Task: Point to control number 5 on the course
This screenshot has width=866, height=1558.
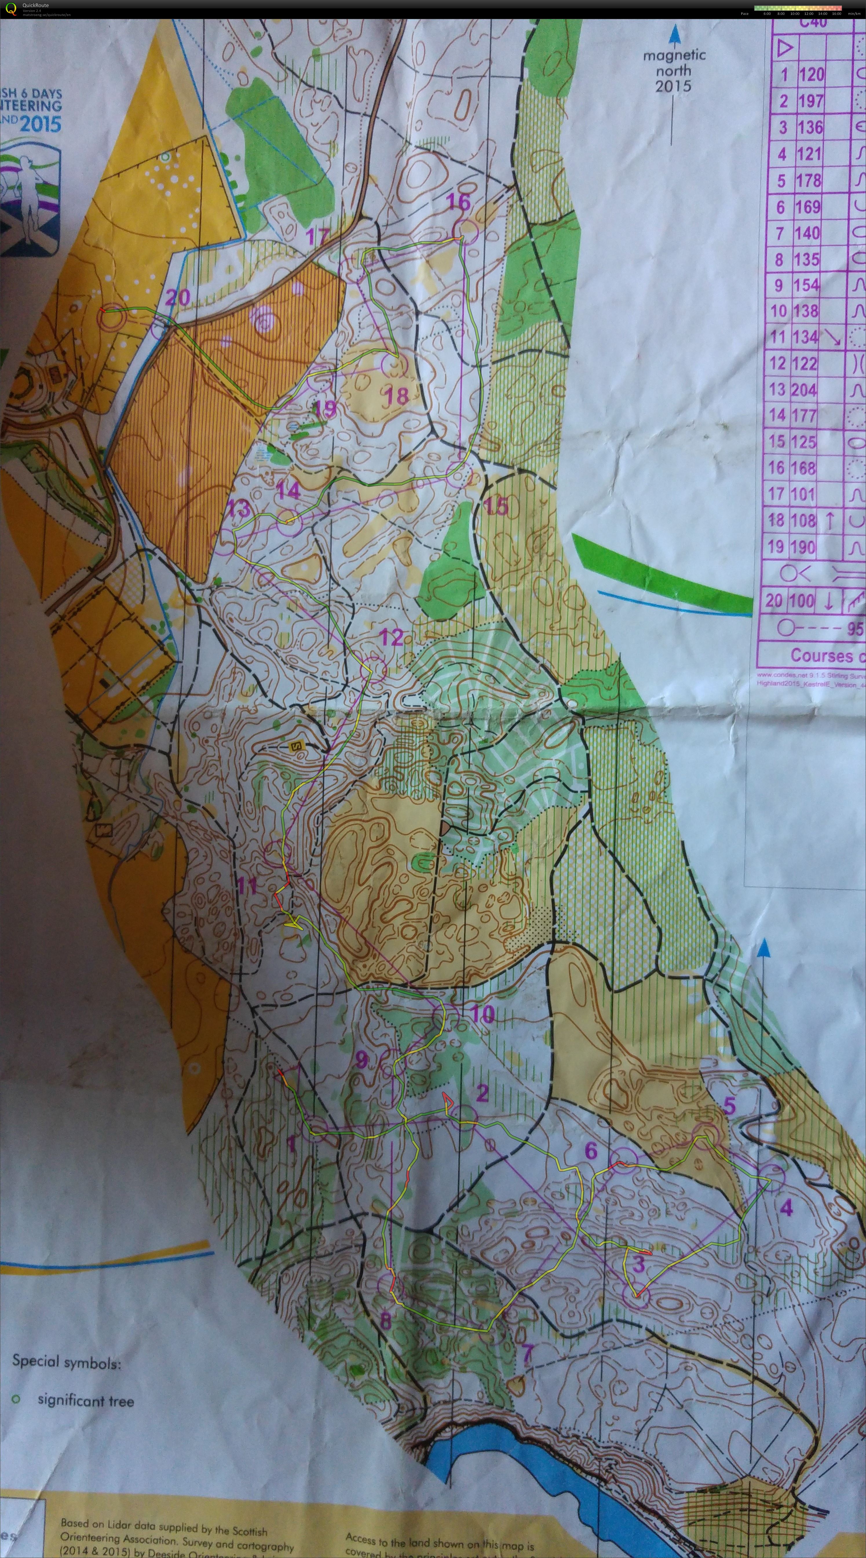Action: click(729, 1106)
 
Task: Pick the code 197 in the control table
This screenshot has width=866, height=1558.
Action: click(810, 101)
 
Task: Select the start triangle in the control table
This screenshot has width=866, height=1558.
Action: click(785, 47)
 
